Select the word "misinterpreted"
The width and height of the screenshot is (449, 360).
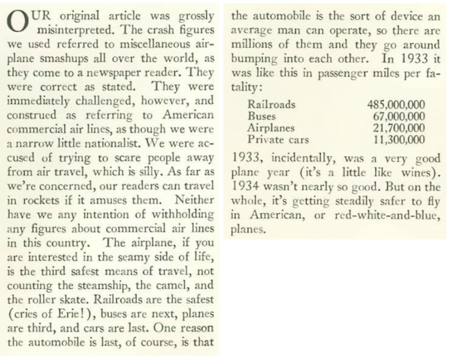[72, 30]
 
